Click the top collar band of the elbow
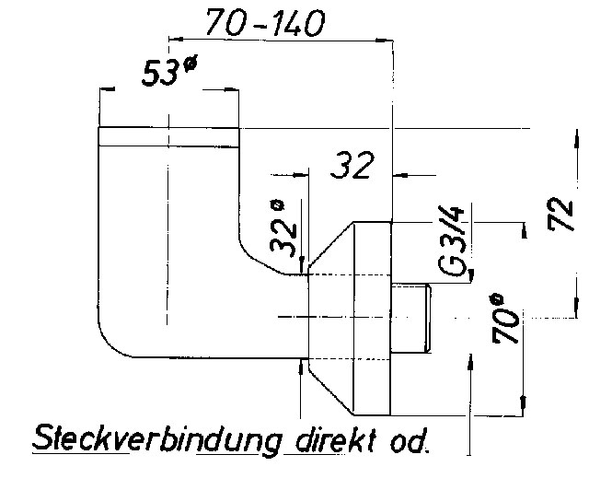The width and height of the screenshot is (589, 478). pyautogui.click(x=168, y=135)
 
